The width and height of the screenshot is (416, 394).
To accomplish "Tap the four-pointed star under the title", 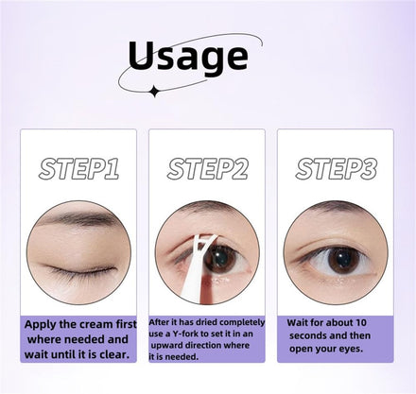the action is (154, 92).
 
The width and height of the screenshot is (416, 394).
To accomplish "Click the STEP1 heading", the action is (78, 169).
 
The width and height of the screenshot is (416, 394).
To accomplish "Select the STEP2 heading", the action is (207, 169).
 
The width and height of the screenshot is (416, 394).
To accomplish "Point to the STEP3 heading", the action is (336, 169).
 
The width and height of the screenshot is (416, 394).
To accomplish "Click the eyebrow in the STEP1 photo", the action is (78, 218).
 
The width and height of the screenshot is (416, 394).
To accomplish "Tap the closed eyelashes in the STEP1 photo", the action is (80, 271).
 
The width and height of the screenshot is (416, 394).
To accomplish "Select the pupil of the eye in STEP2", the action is (218, 257).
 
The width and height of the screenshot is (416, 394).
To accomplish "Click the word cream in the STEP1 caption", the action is (95, 324).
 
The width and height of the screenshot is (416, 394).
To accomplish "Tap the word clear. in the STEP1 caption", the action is (115, 354).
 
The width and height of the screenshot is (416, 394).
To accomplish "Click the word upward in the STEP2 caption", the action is (166, 346).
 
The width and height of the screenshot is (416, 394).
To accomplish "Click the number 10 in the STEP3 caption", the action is (361, 323).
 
